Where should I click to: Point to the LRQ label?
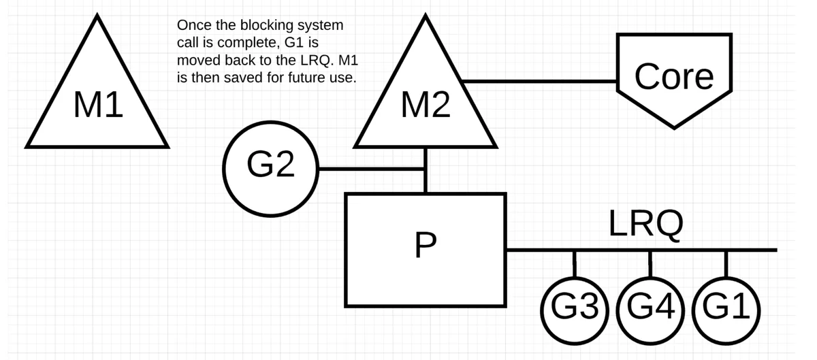[x=646, y=224]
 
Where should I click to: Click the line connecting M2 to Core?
[x=539, y=82]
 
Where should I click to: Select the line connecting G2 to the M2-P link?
[x=370, y=169]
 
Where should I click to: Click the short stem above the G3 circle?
[x=575, y=265]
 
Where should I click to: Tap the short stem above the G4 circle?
[x=650, y=265]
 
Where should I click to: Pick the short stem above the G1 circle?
[x=726, y=265]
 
